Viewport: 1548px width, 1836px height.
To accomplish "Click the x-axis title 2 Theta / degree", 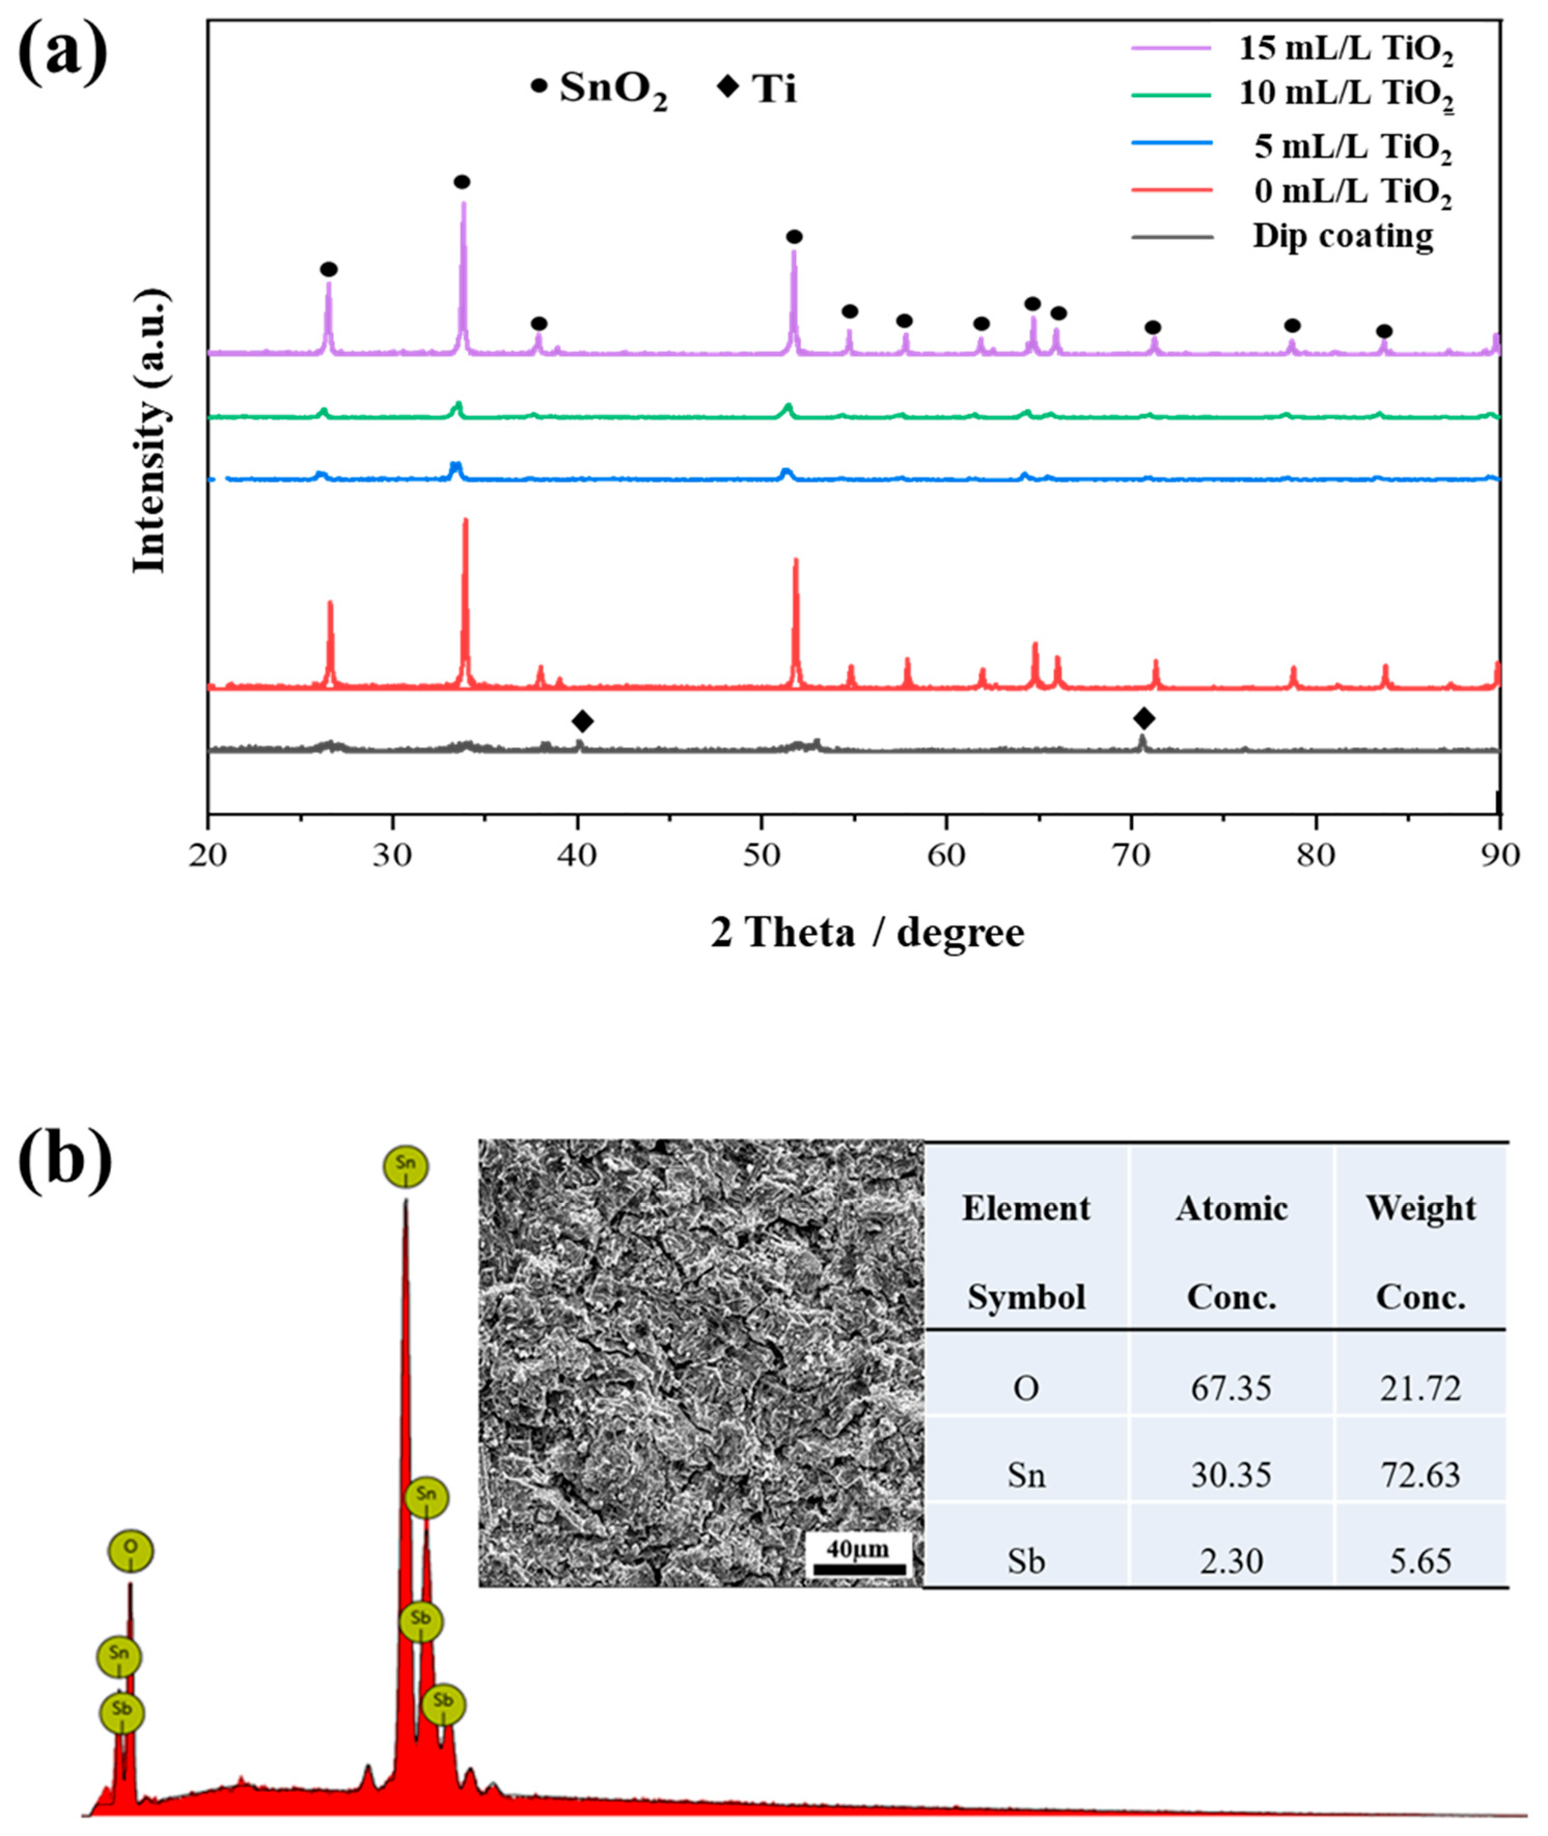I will pos(867,932).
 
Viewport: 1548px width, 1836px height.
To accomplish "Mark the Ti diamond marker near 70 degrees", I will pos(1143,719).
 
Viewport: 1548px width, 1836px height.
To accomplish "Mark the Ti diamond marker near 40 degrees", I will pos(583,722).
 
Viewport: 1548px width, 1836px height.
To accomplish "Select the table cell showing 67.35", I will pos(1231,1388).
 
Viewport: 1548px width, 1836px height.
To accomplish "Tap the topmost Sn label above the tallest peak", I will pos(406,1166).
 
